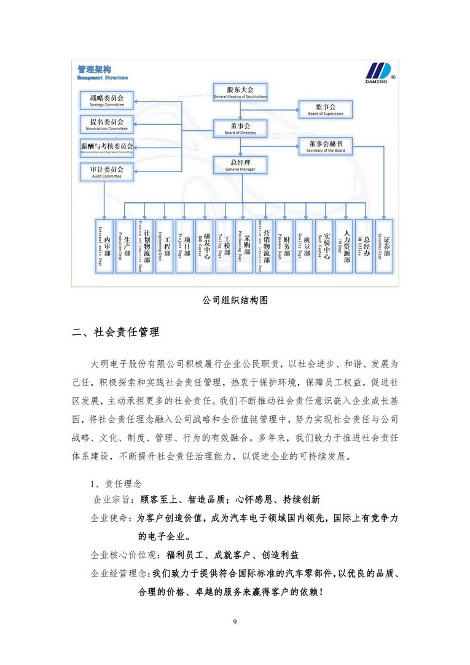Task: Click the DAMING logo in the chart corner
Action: click(x=375, y=73)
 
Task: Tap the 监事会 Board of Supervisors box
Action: click(x=326, y=109)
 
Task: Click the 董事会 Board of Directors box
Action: click(x=240, y=128)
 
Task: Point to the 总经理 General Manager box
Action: click(x=240, y=164)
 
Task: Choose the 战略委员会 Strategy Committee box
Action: click(x=108, y=100)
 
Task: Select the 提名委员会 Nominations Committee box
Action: click(x=108, y=124)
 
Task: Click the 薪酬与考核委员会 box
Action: click(x=108, y=148)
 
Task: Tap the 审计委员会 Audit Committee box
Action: click(x=108, y=171)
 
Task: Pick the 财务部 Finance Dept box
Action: click(x=284, y=246)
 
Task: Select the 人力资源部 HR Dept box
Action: click(x=345, y=246)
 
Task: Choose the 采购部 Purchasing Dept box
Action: click(x=244, y=246)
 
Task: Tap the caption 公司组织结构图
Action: click(x=235, y=301)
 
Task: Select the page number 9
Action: click(x=235, y=622)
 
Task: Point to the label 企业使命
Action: click(x=110, y=518)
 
